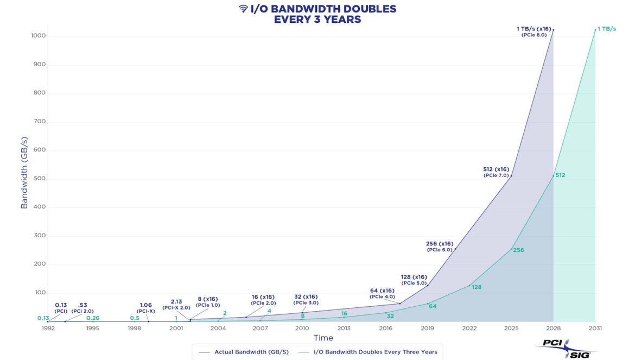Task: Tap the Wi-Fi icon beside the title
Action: [x=243, y=9]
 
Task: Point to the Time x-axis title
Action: [x=323, y=338]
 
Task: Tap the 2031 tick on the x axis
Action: [x=595, y=329]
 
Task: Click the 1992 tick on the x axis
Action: [x=47, y=329]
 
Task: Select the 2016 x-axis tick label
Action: [x=386, y=329]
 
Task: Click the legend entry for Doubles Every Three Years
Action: [x=375, y=352]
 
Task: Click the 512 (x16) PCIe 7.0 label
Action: [x=496, y=172]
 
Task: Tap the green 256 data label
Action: [x=518, y=250]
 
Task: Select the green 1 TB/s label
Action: [x=607, y=29]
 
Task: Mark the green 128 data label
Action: [x=477, y=287]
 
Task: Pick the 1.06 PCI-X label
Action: [x=145, y=308]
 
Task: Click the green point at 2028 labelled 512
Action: [x=553, y=176]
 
